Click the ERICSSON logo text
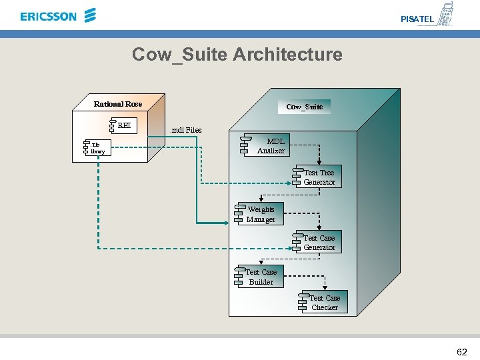(49, 16)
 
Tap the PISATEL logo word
(417, 19)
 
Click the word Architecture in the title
(287, 54)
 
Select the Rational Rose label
(118, 104)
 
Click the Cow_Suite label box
(305, 107)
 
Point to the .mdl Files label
(186, 130)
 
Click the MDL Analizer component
(269, 145)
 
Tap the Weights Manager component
(261, 214)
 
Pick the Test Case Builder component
(260, 277)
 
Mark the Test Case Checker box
(325, 303)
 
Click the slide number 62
(461, 352)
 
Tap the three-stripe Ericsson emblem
(91, 15)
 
